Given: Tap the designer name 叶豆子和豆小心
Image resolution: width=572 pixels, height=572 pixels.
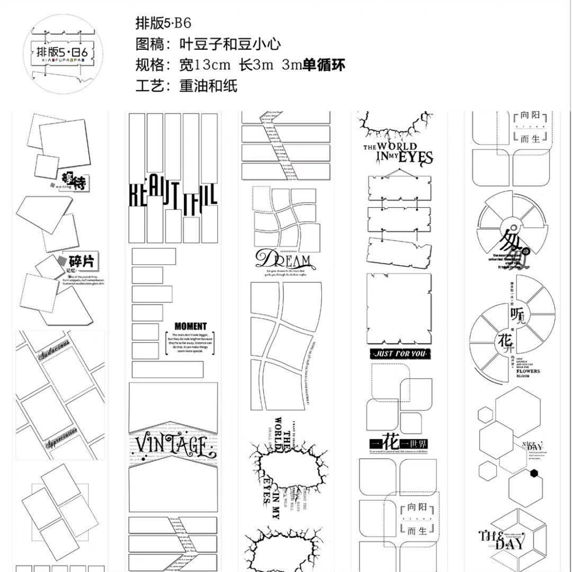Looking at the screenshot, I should point(230,44).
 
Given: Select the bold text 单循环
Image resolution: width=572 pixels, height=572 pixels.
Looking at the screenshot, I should point(324,65).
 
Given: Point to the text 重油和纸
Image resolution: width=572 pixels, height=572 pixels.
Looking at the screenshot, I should point(209,86).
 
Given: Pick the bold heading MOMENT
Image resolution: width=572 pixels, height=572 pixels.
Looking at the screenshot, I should point(190,326).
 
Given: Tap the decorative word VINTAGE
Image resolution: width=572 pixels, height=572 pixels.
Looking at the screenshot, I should point(173,445).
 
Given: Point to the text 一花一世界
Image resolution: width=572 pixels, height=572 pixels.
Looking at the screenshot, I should point(398,444).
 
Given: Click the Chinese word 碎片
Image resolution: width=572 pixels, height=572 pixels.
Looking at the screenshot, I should point(83,262).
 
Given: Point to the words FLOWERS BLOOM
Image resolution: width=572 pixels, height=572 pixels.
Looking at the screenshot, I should point(528,374).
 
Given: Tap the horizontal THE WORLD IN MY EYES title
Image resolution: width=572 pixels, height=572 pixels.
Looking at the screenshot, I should point(397,153).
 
